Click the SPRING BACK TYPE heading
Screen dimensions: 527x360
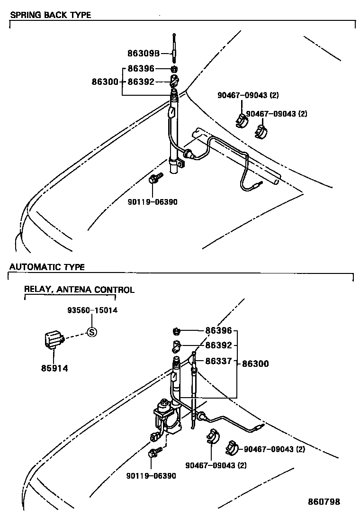pyautogui.click(x=50, y=15)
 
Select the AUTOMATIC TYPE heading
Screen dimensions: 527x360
pyautogui.click(x=47, y=267)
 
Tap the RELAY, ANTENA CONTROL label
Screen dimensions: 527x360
pyautogui.click(x=79, y=290)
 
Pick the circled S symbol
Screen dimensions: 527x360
pyautogui.click(x=92, y=332)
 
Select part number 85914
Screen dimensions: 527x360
pyautogui.click(x=53, y=367)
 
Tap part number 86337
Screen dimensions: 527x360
pyautogui.click(x=218, y=361)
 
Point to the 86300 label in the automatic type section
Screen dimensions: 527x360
pyautogui.click(x=255, y=363)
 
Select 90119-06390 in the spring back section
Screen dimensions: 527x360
pyautogui.click(x=153, y=201)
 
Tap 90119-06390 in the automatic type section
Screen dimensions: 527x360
pyautogui.click(x=151, y=475)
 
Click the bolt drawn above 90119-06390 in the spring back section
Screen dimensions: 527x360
pyautogui.click(x=154, y=178)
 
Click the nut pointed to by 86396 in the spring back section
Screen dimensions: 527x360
pyautogui.click(x=174, y=69)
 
